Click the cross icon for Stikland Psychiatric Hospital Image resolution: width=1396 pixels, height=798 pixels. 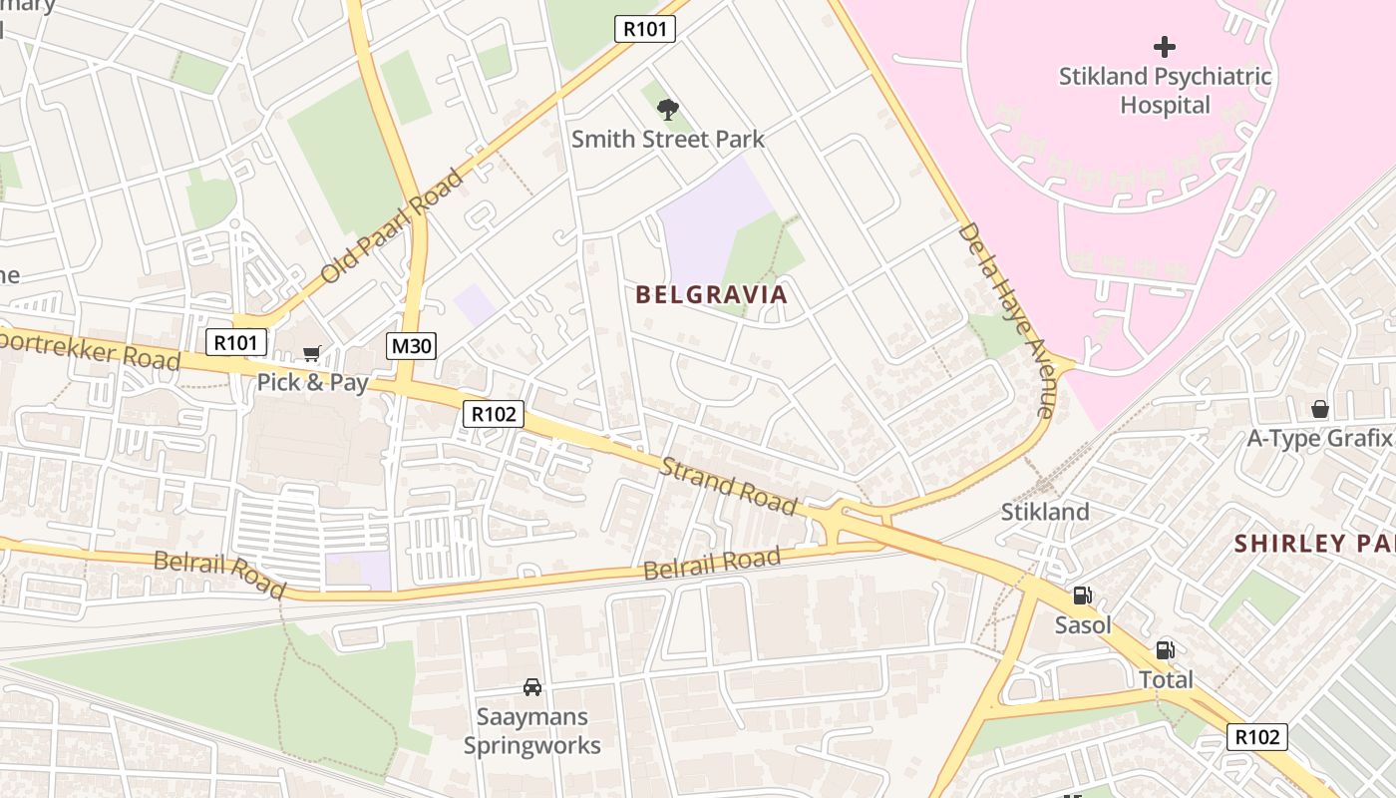point(1164,47)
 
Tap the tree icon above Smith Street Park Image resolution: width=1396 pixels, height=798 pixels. point(668,109)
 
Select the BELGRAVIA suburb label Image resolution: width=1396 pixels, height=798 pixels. point(711,294)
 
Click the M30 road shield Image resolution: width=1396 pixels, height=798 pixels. point(411,346)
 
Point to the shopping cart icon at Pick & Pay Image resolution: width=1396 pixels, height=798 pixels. point(312,354)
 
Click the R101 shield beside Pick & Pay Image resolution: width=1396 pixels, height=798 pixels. point(236,343)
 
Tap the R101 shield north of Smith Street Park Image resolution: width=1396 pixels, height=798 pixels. point(643,29)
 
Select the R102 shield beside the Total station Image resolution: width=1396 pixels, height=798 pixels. point(1256,737)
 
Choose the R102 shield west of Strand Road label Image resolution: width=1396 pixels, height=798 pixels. point(493,414)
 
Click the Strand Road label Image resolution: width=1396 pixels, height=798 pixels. point(730,486)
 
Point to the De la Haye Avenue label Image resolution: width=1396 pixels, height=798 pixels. point(1005,319)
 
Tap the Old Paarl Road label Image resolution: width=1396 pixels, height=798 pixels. point(392,226)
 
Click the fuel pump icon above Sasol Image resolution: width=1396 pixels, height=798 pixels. point(1082,597)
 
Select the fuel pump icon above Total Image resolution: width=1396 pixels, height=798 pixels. point(1165,650)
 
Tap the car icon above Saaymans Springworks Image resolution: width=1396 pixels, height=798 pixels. point(532,687)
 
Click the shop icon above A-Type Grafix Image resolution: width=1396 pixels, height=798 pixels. point(1319,409)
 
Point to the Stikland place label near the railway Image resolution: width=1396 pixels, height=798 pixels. point(1045,512)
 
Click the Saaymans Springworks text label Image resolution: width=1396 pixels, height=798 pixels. point(532,731)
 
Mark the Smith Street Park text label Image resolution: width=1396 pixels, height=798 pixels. point(667,139)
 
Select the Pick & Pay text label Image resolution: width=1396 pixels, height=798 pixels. point(312,382)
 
